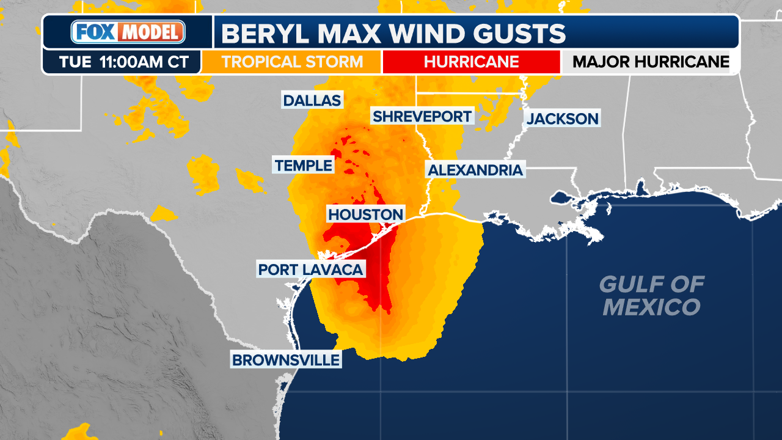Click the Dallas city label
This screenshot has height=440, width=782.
tap(312, 100)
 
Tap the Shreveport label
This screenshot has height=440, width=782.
tap(422, 116)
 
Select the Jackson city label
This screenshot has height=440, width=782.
tap(563, 118)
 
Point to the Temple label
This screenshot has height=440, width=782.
tap(304, 164)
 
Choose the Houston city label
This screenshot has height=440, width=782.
tap(366, 214)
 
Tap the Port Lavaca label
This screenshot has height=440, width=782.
tap(310, 269)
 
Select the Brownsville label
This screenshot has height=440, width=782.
tap(285, 360)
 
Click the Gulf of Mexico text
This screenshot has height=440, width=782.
tap(651, 295)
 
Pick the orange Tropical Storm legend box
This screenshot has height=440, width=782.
tap(292, 62)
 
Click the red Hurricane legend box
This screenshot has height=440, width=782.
tap(471, 62)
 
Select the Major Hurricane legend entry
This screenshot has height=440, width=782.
tap(651, 62)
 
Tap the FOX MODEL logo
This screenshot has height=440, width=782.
tap(128, 32)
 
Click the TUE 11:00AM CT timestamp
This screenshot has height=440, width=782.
tap(121, 62)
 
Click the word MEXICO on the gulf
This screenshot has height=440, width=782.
tap(651, 307)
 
